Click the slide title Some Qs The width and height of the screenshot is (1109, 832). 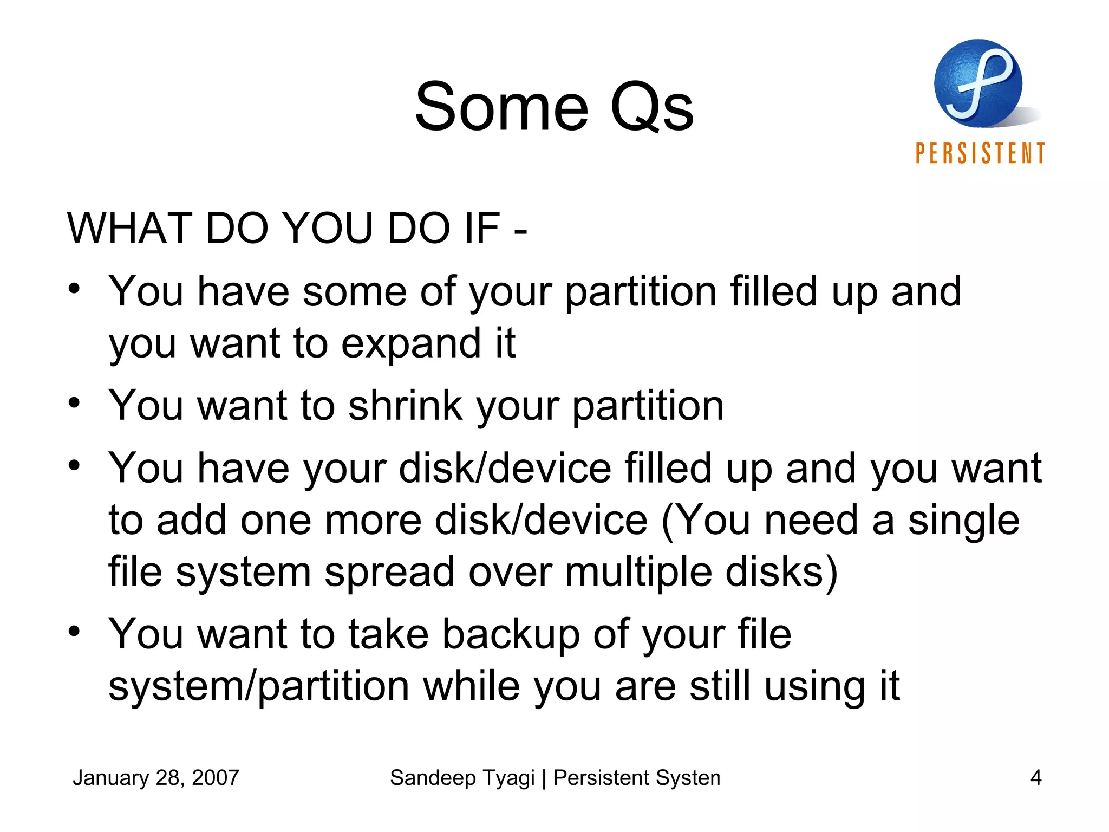(x=554, y=107)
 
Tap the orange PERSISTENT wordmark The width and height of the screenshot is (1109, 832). (x=980, y=153)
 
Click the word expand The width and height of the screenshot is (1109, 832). (x=411, y=343)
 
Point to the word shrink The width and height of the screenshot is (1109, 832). (x=406, y=406)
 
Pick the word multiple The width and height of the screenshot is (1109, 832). (x=638, y=572)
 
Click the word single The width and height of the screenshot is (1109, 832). (x=963, y=520)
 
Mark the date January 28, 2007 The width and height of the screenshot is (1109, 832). (x=156, y=778)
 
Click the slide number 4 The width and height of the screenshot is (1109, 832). (x=1035, y=778)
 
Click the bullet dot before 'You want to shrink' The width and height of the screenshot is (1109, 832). (x=74, y=404)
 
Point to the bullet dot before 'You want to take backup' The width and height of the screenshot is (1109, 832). (x=74, y=631)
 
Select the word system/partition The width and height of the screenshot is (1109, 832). (x=258, y=686)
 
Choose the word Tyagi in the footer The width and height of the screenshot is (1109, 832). (x=509, y=778)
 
